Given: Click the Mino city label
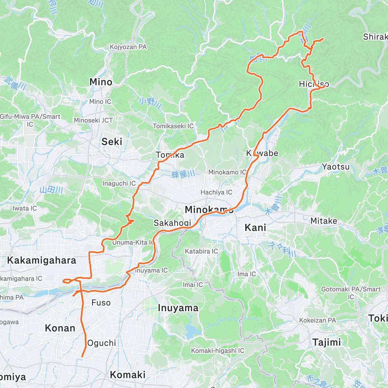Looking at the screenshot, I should click(101, 82).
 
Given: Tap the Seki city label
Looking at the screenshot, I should click(112, 142).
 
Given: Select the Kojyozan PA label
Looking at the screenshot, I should click(128, 47).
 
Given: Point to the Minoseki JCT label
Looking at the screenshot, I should click(93, 120).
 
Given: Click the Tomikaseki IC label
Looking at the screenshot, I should click(173, 126).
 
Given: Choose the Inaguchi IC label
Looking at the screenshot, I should click(119, 183).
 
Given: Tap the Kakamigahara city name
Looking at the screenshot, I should click(42, 260).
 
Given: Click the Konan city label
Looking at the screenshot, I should click(60, 328).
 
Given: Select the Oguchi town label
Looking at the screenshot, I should click(102, 343).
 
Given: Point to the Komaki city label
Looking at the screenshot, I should click(128, 375).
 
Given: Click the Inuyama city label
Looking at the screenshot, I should click(178, 308).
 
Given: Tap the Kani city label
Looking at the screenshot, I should click(255, 228).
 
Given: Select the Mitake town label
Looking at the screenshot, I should click(324, 221).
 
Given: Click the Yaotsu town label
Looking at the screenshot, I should click(336, 167).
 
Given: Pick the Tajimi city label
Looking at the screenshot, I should click(327, 342).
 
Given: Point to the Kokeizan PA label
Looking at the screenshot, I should click(317, 320).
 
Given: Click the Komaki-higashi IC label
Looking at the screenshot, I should click(218, 351).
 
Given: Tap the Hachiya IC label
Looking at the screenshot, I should click(216, 192).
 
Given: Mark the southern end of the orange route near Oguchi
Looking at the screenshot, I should click(82, 357).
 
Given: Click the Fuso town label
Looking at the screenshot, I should click(101, 303).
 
